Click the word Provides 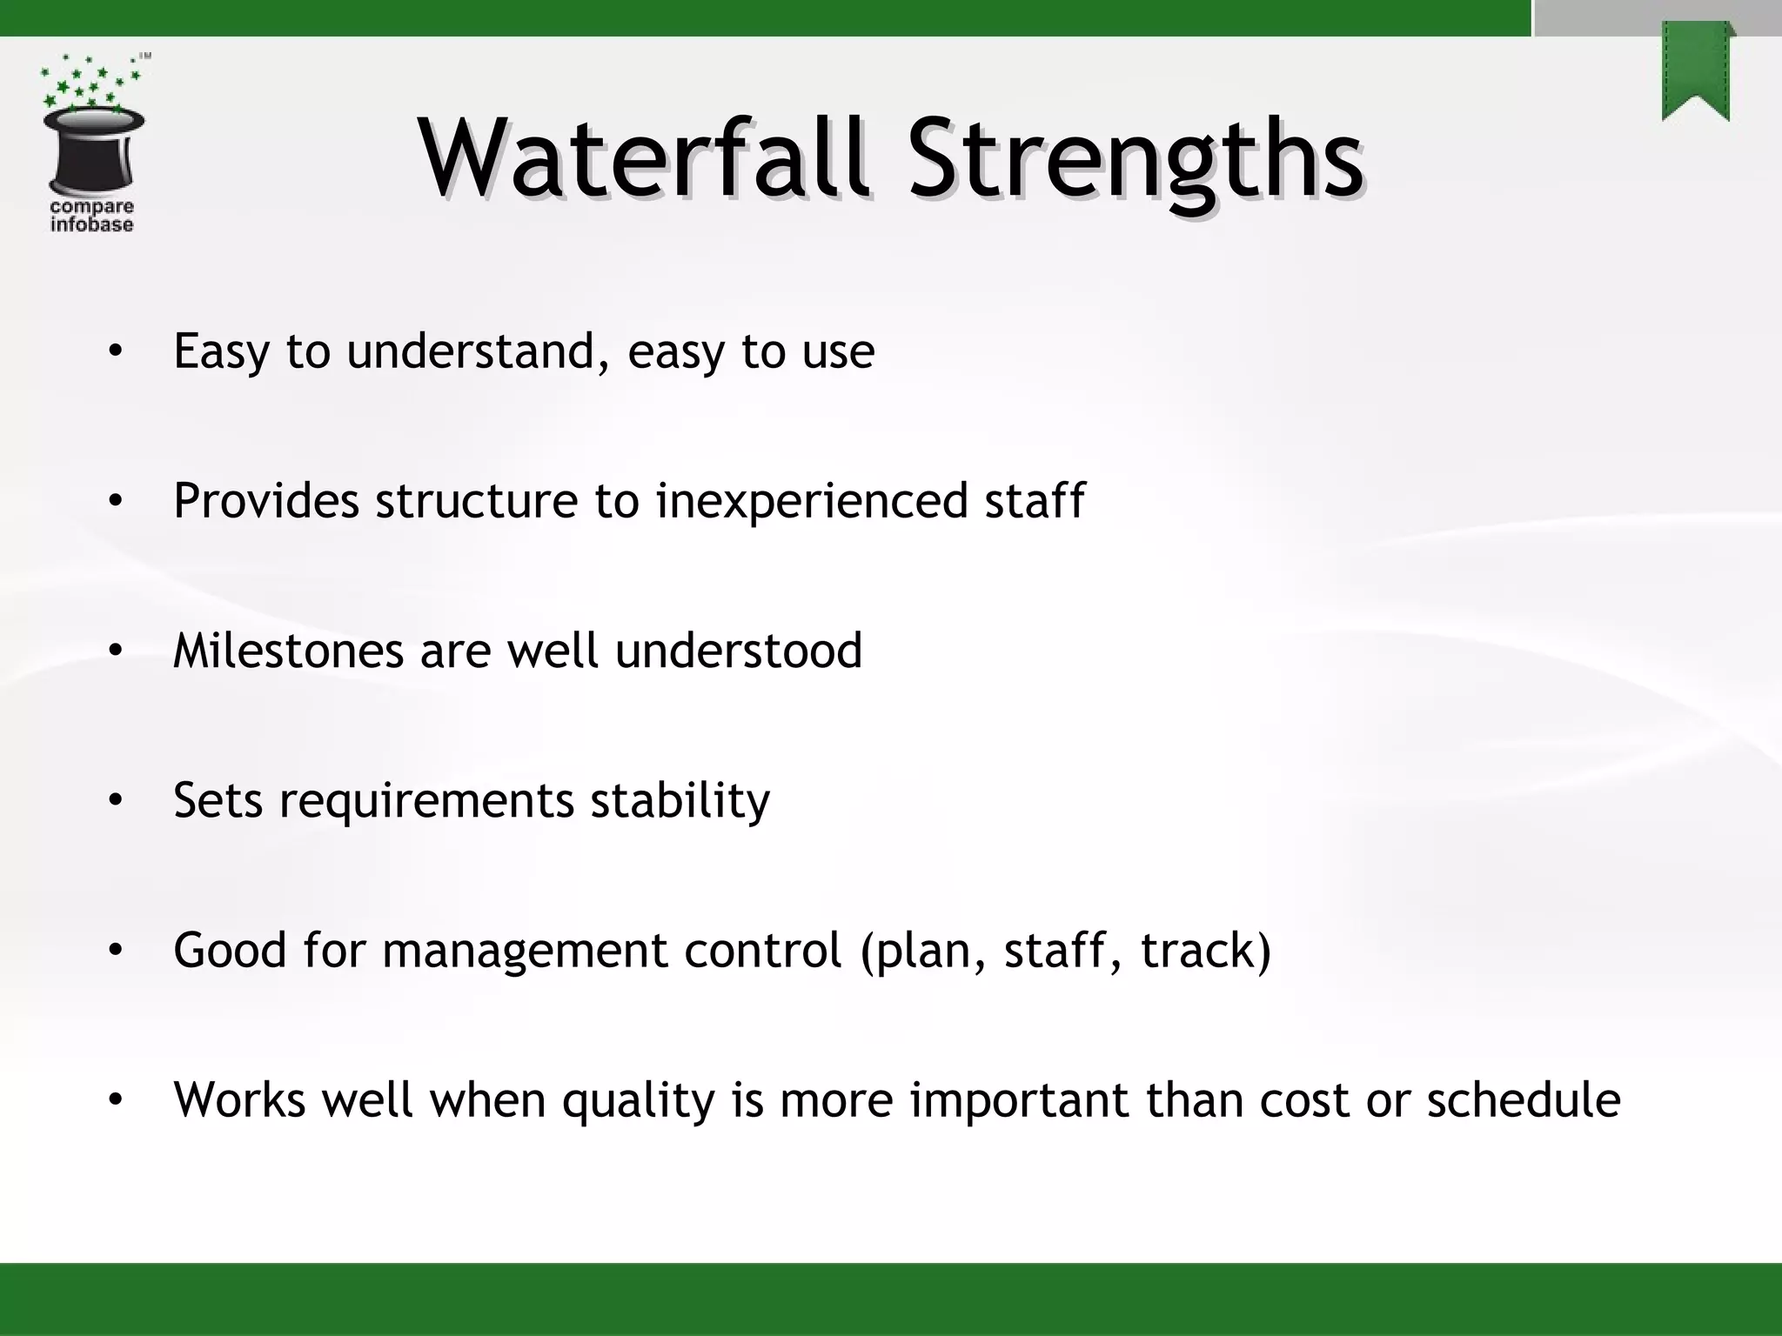tap(265, 501)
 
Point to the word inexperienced tap(810, 503)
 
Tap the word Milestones tap(288, 651)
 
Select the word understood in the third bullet tap(738, 651)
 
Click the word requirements tap(426, 801)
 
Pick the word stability tap(680, 801)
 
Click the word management tap(525, 951)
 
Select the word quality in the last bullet tap(638, 1101)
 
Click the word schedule tap(1523, 1099)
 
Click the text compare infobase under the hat tap(91, 216)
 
